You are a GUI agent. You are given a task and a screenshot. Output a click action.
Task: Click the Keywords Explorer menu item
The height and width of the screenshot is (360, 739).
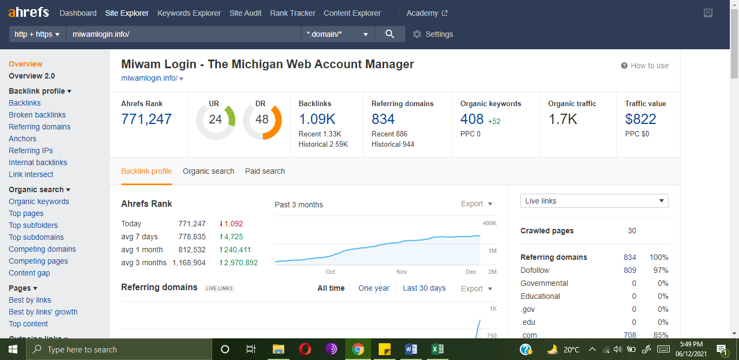pyautogui.click(x=189, y=13)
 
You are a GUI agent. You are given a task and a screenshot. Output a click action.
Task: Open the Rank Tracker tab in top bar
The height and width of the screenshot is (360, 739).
pyautogui.click(x=292, y=13)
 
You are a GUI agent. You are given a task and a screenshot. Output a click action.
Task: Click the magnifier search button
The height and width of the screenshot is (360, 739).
pyautogui.click(x=390, y=34)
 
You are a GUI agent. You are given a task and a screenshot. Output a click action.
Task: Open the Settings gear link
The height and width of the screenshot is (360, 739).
pyautogui.click(x=432, y=34)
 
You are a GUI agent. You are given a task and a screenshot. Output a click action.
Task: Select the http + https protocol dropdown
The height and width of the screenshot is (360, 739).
pyautogui.click(x=37, y=34)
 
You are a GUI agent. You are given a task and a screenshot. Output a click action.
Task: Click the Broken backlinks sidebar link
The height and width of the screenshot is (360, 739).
pyautogui.click(x=37, y=115)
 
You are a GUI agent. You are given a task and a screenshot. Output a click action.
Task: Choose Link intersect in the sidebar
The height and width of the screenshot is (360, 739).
pyautogui.click(x=31, y=174)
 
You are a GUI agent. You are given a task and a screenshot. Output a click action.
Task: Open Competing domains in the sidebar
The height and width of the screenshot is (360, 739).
pyautogui.click(x=42, y=249)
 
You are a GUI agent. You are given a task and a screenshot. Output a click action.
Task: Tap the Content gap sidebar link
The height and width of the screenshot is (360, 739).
pyautogui.click(x=29, y=273)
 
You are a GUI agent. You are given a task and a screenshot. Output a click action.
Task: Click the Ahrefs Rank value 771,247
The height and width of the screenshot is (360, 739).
pyautogui.click(x=146, y=119)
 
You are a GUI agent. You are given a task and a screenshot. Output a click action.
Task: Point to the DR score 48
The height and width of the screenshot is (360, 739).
pyautogui.click(x=262, y=119)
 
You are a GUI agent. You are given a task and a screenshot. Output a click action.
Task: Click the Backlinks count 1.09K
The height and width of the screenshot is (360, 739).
pyautogui.click(x=317, y=119)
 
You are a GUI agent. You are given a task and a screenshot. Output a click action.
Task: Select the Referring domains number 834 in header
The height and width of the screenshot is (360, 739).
pyautogui.click(x=383, y=119)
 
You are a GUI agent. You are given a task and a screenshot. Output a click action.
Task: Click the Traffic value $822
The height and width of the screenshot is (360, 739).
pyautogui.click(x=641, y=119)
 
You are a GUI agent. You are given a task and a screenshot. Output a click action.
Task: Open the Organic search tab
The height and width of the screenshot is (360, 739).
pyautogui.click(x=208, y=171)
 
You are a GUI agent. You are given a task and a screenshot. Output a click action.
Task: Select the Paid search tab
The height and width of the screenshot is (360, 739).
pyautogui.click(x=265, y=171)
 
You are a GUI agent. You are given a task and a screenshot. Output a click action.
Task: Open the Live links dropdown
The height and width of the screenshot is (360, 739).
pyautogui.click(x=594, y=201)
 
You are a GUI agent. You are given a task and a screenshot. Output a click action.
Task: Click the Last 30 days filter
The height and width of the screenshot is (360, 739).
pyautogui.click(x=424, y=288)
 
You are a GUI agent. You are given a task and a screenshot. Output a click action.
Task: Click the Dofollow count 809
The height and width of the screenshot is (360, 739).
pyautogui.click(x=630, y=270)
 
